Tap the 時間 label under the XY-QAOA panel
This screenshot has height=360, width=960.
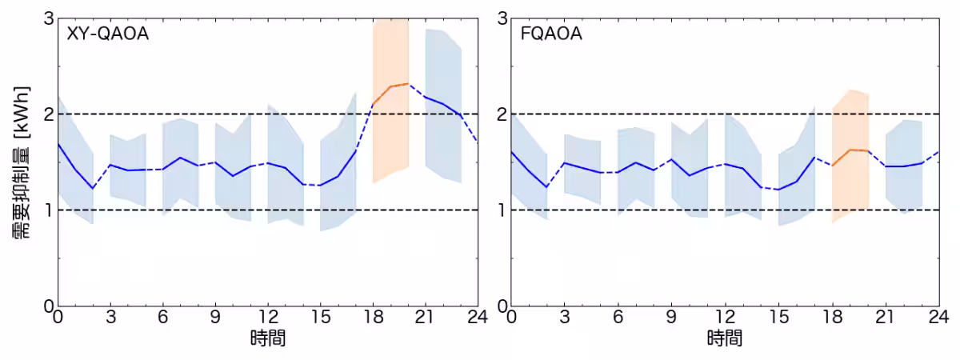click(x=268, y=338)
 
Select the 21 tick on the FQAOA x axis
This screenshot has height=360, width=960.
click(x=886, y=317)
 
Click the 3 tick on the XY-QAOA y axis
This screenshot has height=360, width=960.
click(x=46, y=18)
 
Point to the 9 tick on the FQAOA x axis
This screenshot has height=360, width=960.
click(x=672, y=317)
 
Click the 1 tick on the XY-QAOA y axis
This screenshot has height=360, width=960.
click(x=46, y=210)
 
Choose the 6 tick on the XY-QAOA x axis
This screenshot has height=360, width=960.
click(x=163, y=317)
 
